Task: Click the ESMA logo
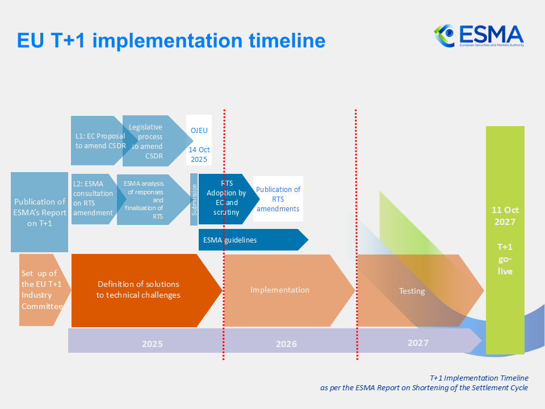(479, 35)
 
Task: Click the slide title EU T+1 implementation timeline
(171, 40)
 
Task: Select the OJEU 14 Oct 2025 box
(199, 140)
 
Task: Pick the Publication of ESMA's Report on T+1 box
(40, 212)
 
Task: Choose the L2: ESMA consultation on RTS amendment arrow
(93, 199)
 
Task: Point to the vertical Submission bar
(194, 199)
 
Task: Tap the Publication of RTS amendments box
(278, 199)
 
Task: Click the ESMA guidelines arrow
(250, 240)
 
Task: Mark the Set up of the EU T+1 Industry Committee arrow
(41, 290)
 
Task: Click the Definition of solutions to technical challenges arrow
(139, 290)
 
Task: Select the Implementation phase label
(280, 290)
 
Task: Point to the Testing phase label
(412, 291)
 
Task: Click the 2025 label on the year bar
(152, 344)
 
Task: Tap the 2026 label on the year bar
(287, 344)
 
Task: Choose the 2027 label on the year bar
(418, 343)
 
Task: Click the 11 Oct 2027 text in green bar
(505, 215)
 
